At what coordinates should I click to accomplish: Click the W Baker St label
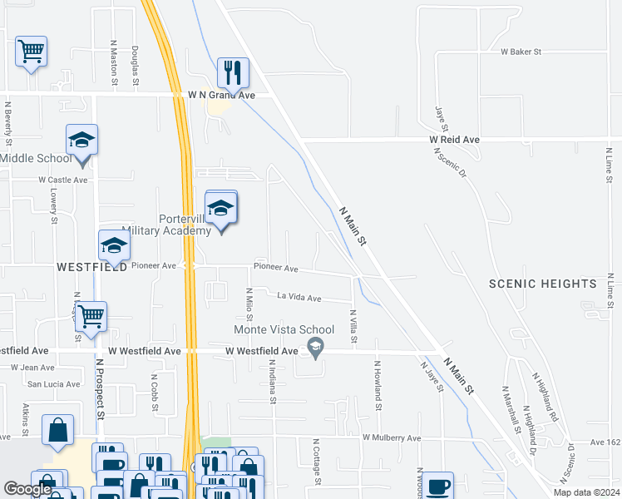point(521,52)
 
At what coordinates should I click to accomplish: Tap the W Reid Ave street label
point(455,141)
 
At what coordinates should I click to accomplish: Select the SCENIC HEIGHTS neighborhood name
point(542,284)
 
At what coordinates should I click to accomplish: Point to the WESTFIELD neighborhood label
point(91,267)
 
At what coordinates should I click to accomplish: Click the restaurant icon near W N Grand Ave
point(232,72)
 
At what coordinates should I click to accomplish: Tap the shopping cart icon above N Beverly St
point(31,52)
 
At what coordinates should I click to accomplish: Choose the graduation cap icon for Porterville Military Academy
point(220,208)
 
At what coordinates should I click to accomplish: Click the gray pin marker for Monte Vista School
point(315,347)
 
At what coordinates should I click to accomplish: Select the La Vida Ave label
point(299,297)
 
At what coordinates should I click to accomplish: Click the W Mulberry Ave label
point(392,437)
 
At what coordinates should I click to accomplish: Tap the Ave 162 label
point(605,443)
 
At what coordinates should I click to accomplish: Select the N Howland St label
point(377,385)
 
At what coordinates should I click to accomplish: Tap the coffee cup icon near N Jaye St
point(438,485)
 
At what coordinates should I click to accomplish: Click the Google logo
point(27,489)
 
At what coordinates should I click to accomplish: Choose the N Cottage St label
point(316,461)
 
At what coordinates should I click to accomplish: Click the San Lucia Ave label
point(54,384)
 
